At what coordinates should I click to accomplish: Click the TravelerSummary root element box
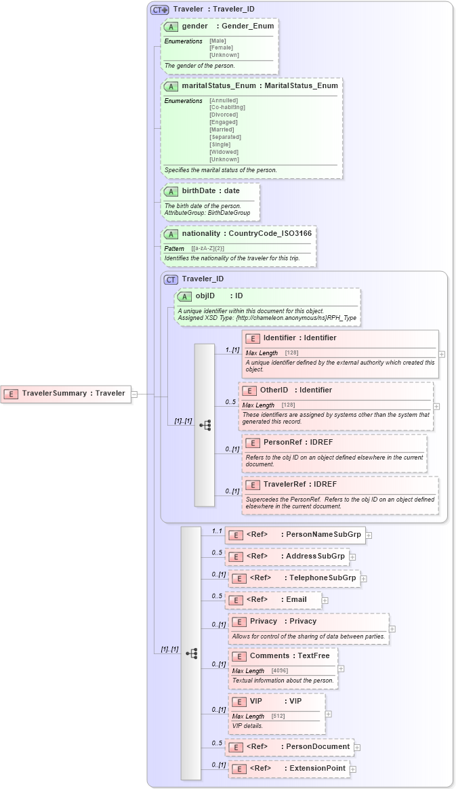point(66,393)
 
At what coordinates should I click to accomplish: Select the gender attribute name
point(194,26)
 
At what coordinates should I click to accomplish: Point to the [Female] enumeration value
point(222,48)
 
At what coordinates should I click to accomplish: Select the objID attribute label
point(205,296)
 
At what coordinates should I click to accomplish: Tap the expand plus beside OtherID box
point(436,407)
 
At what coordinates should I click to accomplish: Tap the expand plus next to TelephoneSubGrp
point(364,579)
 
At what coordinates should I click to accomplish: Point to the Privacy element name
point(263,621)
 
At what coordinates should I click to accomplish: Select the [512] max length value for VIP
point(278,716)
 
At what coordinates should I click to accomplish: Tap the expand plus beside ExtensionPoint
point(353,769)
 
